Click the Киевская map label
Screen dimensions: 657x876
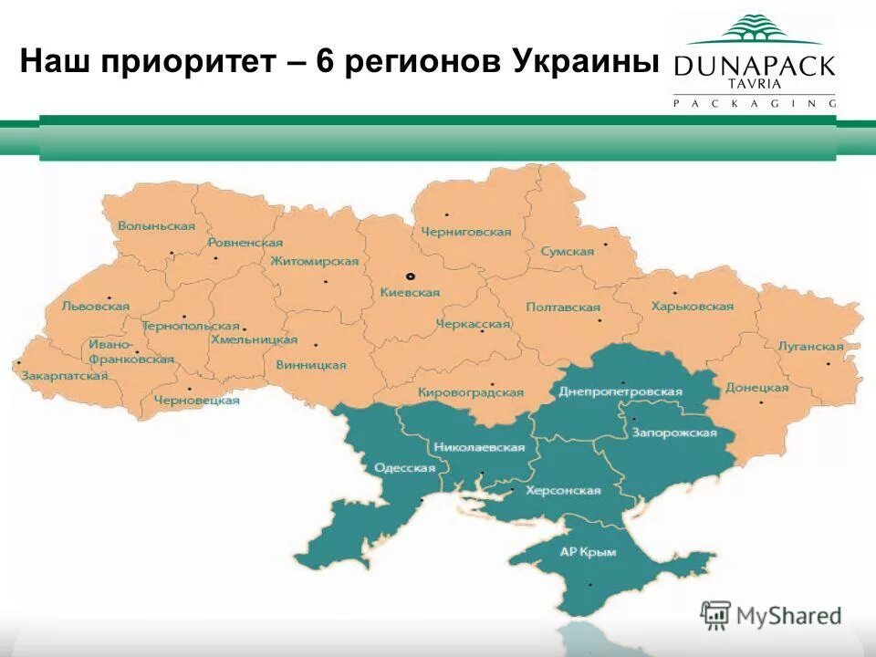coord(410,293)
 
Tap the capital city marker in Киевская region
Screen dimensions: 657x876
coord(411,276)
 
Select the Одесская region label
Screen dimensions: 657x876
coord(405,468)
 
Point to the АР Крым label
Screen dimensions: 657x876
coord(588,552)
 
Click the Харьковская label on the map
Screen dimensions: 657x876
coord(693,307)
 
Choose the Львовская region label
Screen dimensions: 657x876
coord(95,308)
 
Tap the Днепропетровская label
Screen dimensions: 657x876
coord(620,391)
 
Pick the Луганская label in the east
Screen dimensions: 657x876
coord(810,347)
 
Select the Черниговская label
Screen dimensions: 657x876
coord(465,232)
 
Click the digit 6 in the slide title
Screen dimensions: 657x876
coord(326,63)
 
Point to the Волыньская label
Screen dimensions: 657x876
coord(156,225)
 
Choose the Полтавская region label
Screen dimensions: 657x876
coord(563,308)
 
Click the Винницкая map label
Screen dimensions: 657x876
coord(311,365)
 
